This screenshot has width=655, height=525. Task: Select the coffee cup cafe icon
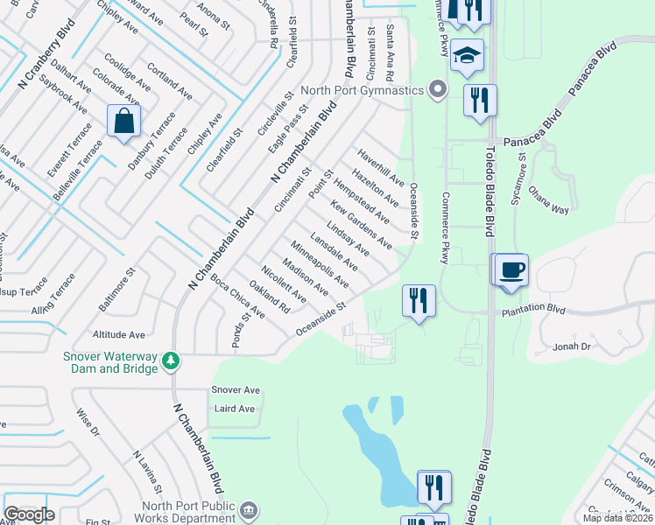pyautogui.click(x=513, y=269)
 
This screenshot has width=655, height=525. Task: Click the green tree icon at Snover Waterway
pyautogui.click(x=173, y=360)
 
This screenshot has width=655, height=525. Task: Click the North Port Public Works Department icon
pyautogui.click(x=249, y=509)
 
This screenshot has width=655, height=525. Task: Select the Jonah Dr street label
pyautogui.click(x=573, y=347)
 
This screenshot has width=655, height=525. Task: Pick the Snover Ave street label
pyautogui.click(x=236, y=390)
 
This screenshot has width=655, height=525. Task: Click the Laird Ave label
pyautogui.click(x=235, y=409)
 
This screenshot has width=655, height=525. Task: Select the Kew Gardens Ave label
pyautogui.click(x=361, y=224)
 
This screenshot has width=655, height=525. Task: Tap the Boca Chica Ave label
pyautogui.click(x=237, y=296)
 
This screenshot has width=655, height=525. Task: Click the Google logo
pyautogui.click(x=29, y=514)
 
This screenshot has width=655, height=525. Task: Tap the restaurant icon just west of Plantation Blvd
pyautogui.click(x=418, y=301)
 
